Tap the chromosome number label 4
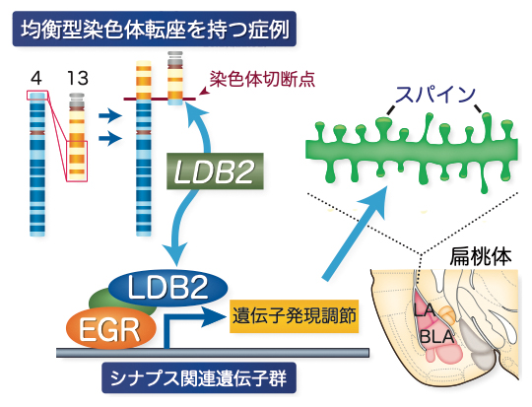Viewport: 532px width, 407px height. [x=38, y=76]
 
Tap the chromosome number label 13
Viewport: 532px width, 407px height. [x=75, y=76]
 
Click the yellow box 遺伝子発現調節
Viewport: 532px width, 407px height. [x=293, y=315]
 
